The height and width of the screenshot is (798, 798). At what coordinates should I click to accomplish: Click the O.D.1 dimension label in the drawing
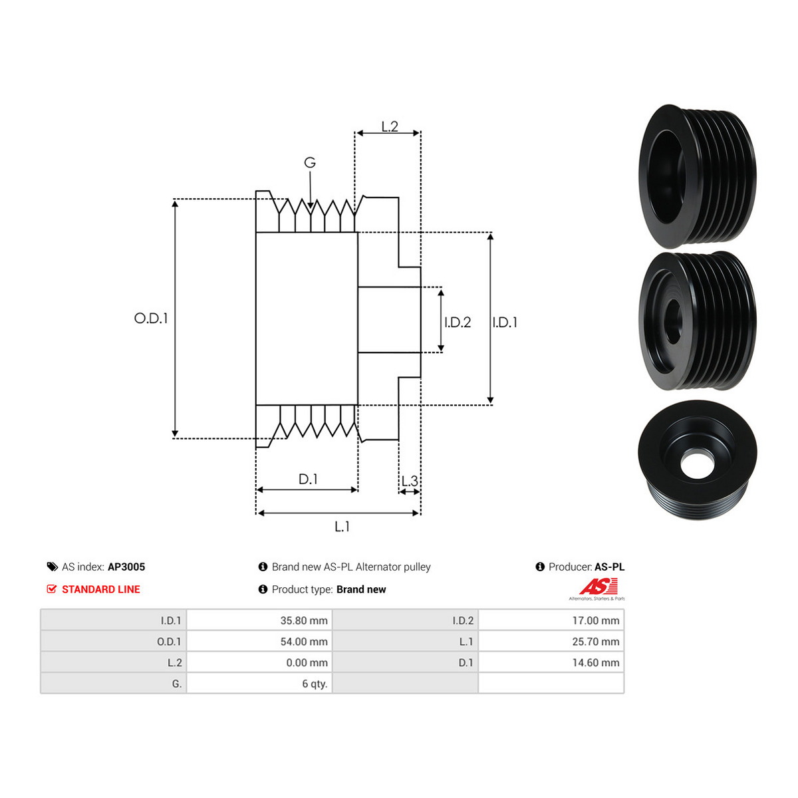(151, 319)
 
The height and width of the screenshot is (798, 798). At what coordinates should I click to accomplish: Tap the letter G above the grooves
(310, 162)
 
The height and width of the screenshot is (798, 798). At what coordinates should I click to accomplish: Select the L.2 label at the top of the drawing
(390, 126)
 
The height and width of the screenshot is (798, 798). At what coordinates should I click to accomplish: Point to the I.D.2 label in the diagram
(458, 322)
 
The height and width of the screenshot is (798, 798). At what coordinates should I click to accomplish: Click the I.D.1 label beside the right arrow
(505, 322)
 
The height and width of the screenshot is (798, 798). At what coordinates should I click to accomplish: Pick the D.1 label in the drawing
(308, 479)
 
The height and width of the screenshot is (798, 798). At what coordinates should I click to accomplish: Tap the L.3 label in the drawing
(410, 481)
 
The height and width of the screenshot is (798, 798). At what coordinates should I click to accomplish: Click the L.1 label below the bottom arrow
(342, 527)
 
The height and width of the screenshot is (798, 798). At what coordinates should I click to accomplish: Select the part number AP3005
(126, 567)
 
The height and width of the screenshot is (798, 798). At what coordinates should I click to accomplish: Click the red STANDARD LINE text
(101, 589)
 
